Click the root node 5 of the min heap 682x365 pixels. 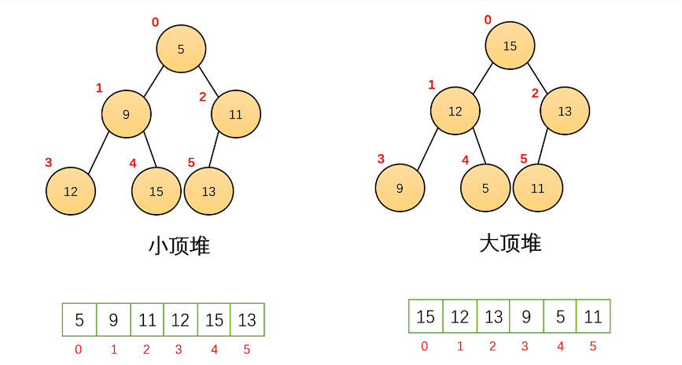coord(180,49)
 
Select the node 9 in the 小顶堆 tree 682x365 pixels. coord(126,115)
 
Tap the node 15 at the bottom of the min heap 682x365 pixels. coord(156,191)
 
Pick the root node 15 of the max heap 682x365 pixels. coord(510,46)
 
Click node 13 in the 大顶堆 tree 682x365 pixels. coord(565,111)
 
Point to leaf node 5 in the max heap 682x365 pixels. coord(485,188)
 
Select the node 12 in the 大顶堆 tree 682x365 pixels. coord(455,111)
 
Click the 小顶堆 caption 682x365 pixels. coord(179,246)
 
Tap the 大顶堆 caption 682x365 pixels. coord(510,243)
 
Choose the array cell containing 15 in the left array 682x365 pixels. coord(214,320)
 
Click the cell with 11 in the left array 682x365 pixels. coord(146,320)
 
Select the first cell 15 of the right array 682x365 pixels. coord(426,317)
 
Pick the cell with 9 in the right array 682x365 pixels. coord(526,317)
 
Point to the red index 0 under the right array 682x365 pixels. coord(425,346)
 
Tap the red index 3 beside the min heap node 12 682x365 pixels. coord(48,163)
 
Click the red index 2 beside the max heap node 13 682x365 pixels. coord(535,94)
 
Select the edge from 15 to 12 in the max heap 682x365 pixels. coord(482,78)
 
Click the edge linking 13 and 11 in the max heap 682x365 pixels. coord(544,149)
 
